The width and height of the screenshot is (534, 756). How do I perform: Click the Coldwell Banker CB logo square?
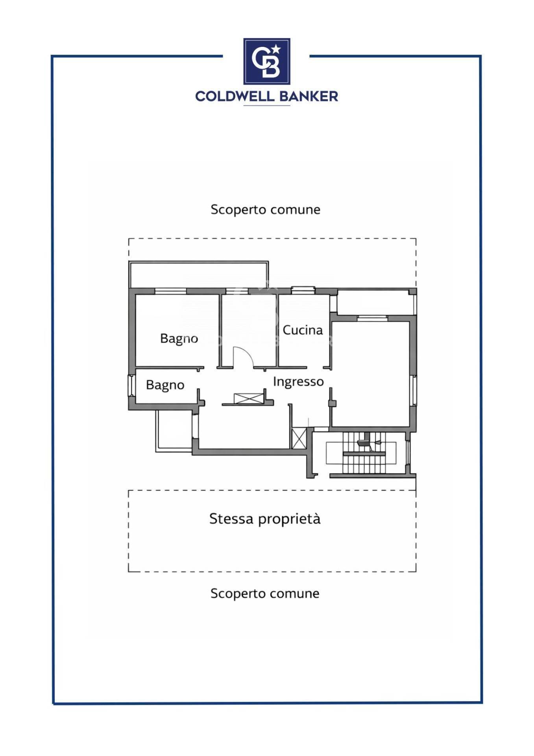coord(267,61)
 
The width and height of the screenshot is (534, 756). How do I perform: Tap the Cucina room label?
coord(303,330)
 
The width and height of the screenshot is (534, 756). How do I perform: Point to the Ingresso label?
coord(298,382)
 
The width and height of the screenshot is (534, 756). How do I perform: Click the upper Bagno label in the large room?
coord(179,339)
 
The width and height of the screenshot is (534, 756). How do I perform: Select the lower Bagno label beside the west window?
coord(165,385)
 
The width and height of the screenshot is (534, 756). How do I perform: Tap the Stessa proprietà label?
coord(265,519)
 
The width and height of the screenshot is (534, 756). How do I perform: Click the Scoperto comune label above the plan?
coord(265,209)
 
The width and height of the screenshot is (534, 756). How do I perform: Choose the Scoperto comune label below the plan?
coord(265,593)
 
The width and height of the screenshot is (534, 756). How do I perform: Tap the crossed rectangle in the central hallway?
coord(249,398)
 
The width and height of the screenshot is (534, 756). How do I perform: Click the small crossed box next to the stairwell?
coord(299,439)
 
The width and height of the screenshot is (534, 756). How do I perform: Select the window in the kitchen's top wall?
coord(303,290)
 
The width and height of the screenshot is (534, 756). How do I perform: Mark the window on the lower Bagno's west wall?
coord(131,386)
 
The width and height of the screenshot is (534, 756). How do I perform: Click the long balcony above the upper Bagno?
coord(199,274)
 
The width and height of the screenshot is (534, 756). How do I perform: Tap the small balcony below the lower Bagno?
coord(174,431)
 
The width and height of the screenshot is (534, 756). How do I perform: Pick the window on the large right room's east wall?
coord(413,391)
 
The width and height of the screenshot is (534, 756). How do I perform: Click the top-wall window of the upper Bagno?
coord(170,291)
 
